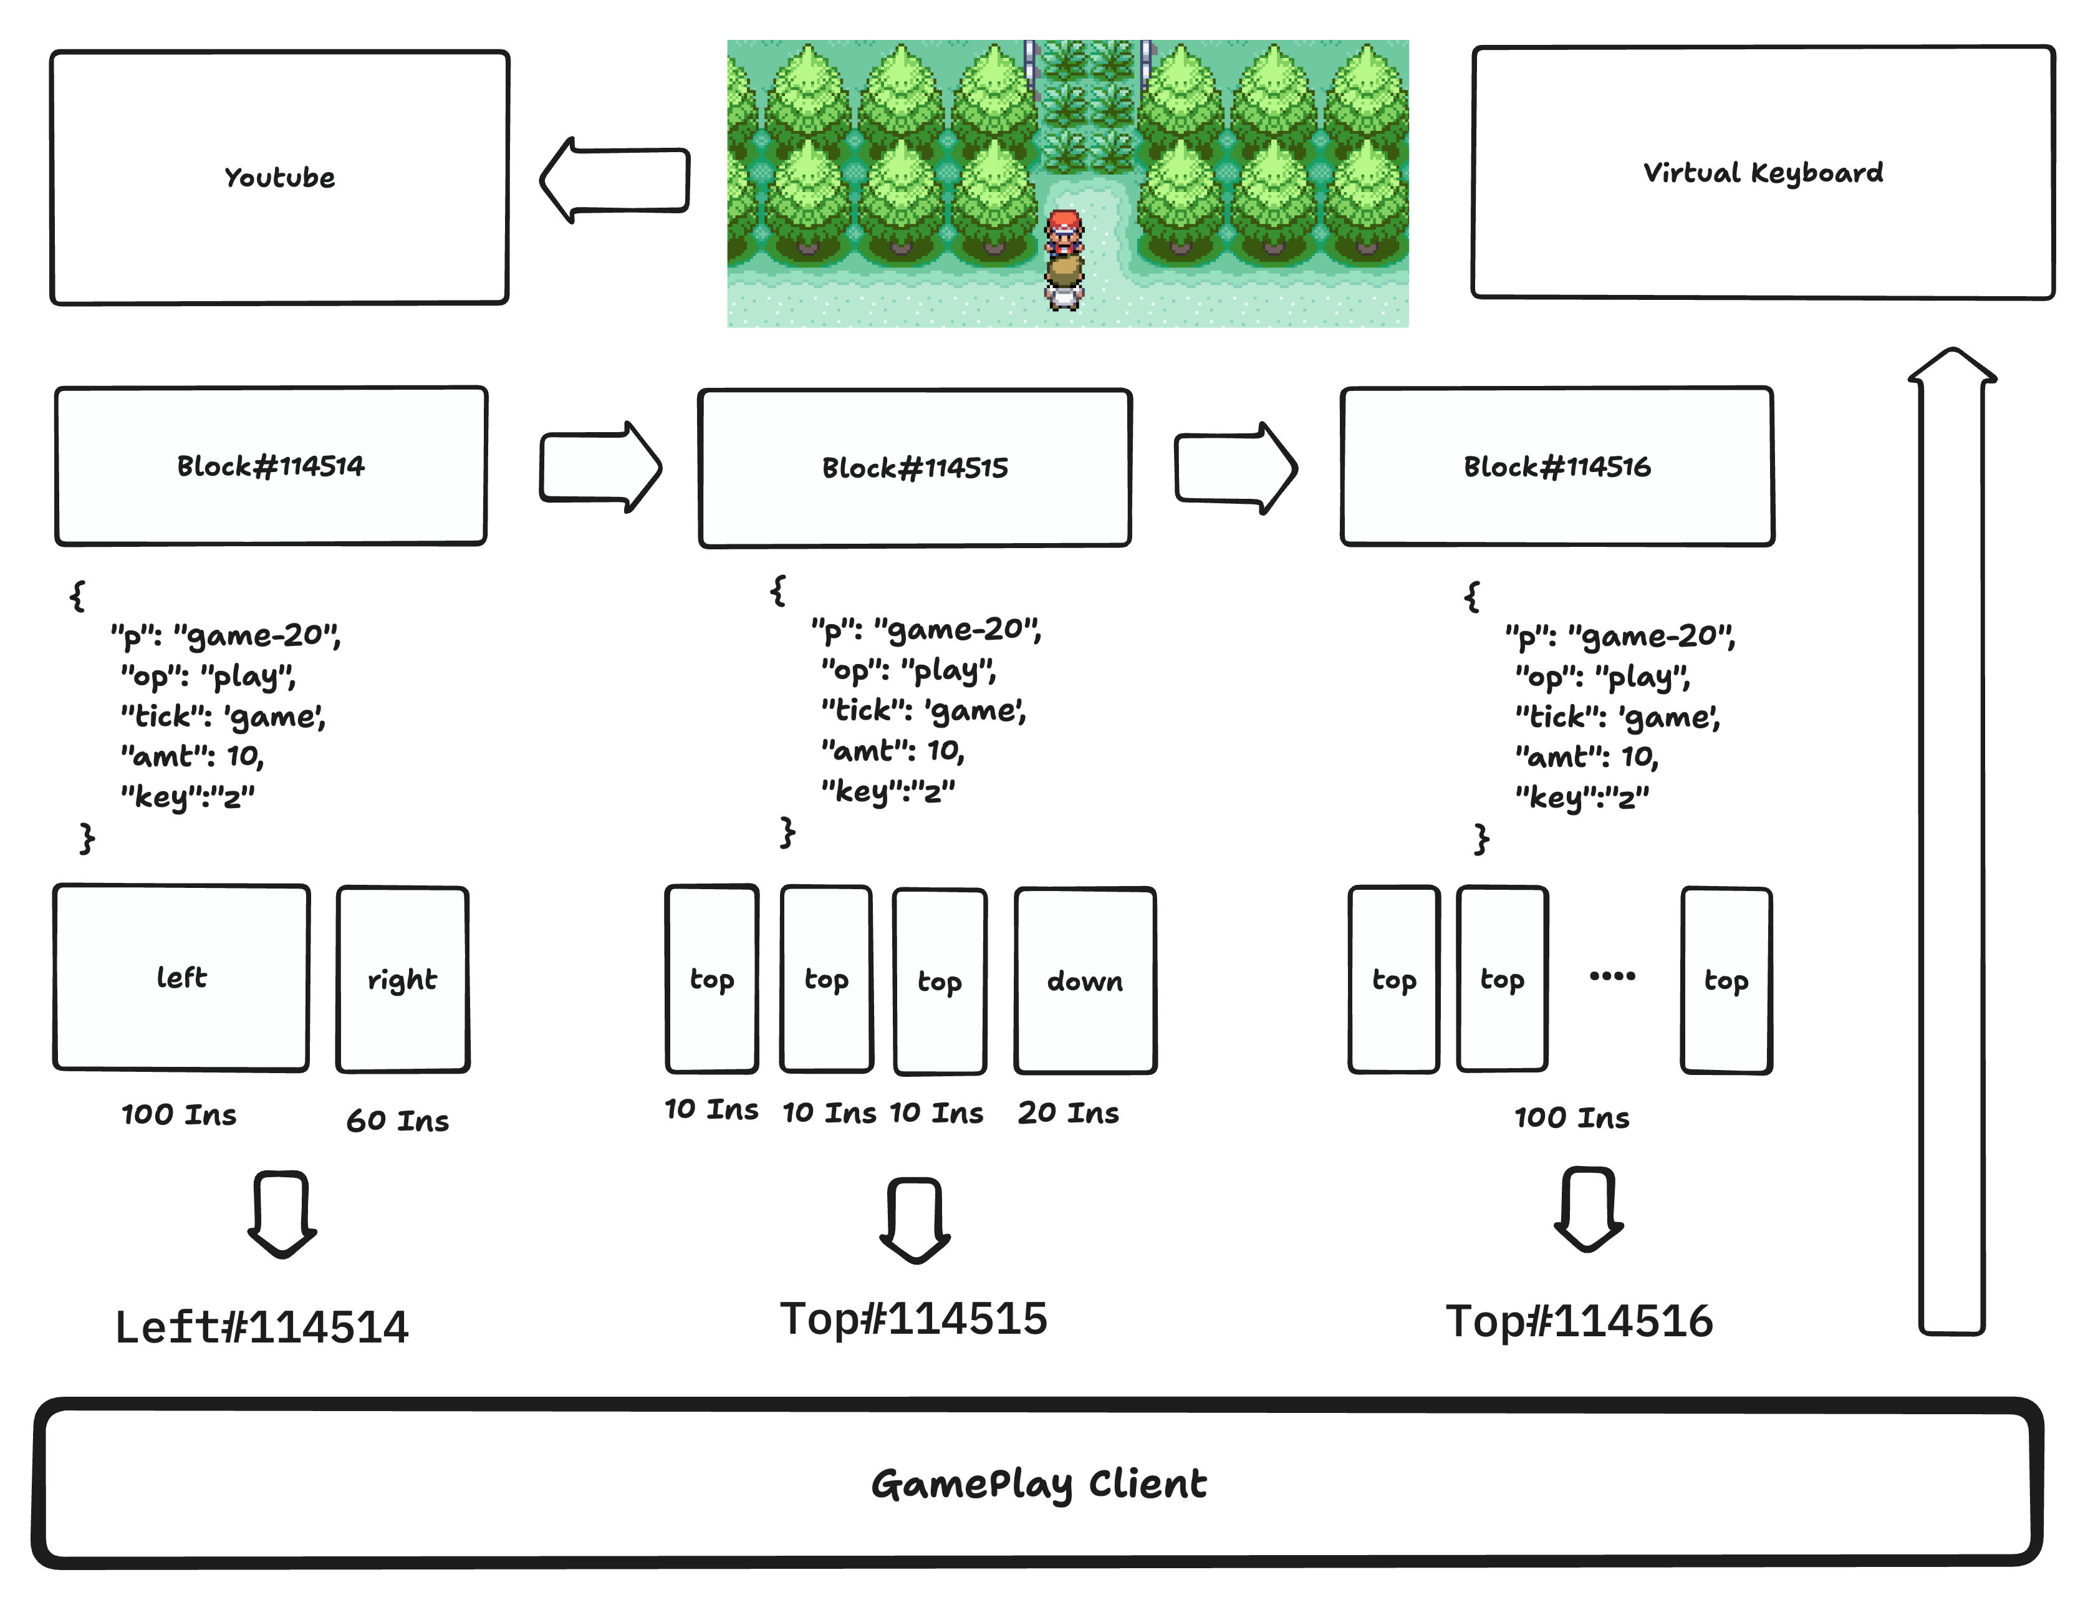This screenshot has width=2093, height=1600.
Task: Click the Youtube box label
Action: point(279,177)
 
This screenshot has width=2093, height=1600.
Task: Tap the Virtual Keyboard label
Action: point(1763,172)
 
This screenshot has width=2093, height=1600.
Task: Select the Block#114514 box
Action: point(271,466)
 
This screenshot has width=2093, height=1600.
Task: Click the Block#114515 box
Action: point(915,468)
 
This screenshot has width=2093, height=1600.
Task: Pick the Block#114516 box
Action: point(1557,466)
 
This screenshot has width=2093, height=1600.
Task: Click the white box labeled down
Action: point(1085,981)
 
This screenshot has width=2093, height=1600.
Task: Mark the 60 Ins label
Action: point(397,1120)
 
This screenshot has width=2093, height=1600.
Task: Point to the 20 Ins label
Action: point(1069,1112)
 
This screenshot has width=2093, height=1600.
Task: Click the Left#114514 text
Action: point(262,1326)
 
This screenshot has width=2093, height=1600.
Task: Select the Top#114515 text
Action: point(913,1319)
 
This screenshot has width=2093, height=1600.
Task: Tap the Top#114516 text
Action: point(1579,1321)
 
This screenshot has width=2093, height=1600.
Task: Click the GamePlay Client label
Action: point(1039,1484)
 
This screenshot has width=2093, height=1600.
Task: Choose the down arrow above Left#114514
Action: point(282,1213)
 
